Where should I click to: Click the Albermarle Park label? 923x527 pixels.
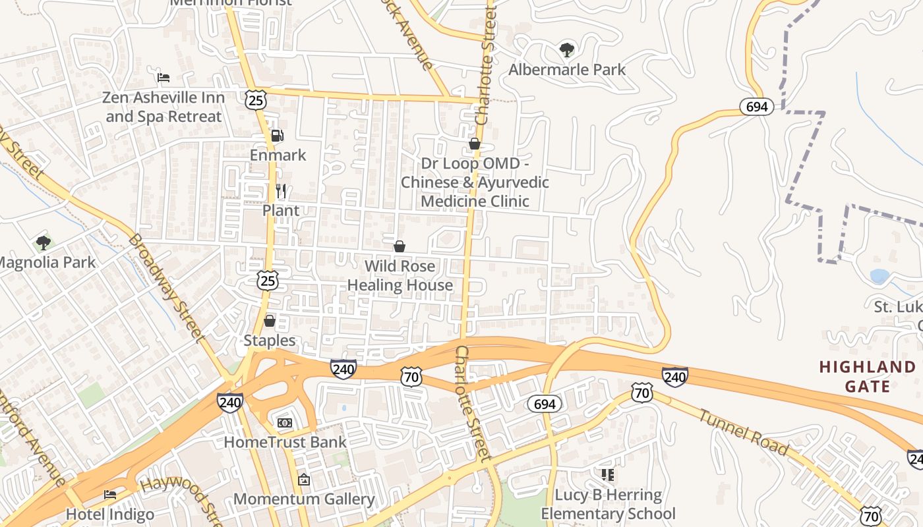click(x=567, y=69)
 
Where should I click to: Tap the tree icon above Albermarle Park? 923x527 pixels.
click(x=566, y=49)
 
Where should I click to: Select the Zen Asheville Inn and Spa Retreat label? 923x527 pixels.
click(x=164, y=107)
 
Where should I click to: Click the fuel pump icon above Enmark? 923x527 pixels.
click(x=278, y=136)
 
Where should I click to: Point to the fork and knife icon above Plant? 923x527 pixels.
click(x=281, y=191)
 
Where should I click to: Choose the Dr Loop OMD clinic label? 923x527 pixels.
click(x=475, y=182)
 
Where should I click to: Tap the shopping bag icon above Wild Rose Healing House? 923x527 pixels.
click(x=399, y=246)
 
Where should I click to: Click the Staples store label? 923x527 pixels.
click(x=270, y=341)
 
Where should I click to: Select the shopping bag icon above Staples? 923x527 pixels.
click(x=269, y=321)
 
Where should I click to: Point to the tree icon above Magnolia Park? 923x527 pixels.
click(x=44, y=242)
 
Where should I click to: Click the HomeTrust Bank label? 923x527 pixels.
click(x=285, y=441)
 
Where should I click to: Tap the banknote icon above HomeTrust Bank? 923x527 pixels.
click(x=285, y=422)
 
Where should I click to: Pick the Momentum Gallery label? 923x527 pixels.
click(x=304, y=499)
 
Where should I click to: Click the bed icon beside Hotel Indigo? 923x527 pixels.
click(x=110, y=494)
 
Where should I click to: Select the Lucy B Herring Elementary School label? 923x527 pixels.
click(x=608, y=504)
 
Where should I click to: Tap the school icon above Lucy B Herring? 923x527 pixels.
click(x=608, y=474)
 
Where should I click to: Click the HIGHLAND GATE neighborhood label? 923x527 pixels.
click(x=868, y=376)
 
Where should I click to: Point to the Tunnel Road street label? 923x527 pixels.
click(x=743, y=432)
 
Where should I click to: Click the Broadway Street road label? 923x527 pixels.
click(x=164, y=288)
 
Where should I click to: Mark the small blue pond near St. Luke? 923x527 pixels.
click(x=879, y=276)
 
